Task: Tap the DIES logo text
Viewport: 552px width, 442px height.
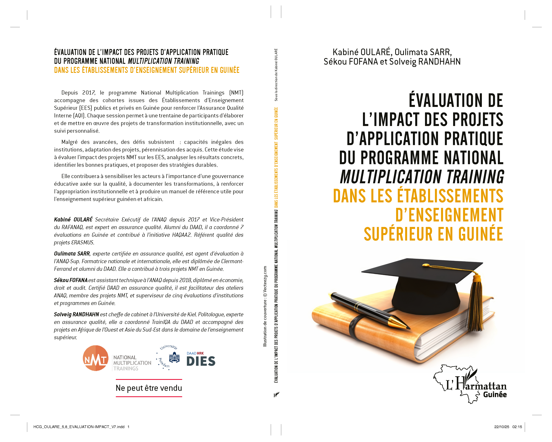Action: pyautogui.click(x=201, y=361)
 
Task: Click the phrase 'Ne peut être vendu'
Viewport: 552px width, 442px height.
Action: pyautogui.click(x=149, y=388)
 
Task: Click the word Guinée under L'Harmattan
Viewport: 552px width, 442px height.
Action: pyautogui.click(x=495, y=394)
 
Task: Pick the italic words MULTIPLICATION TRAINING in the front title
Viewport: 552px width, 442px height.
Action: pyautogui.click(x=422, y=177)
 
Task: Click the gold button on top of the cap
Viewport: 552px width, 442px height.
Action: pyautogui.click(x=425, y=265)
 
